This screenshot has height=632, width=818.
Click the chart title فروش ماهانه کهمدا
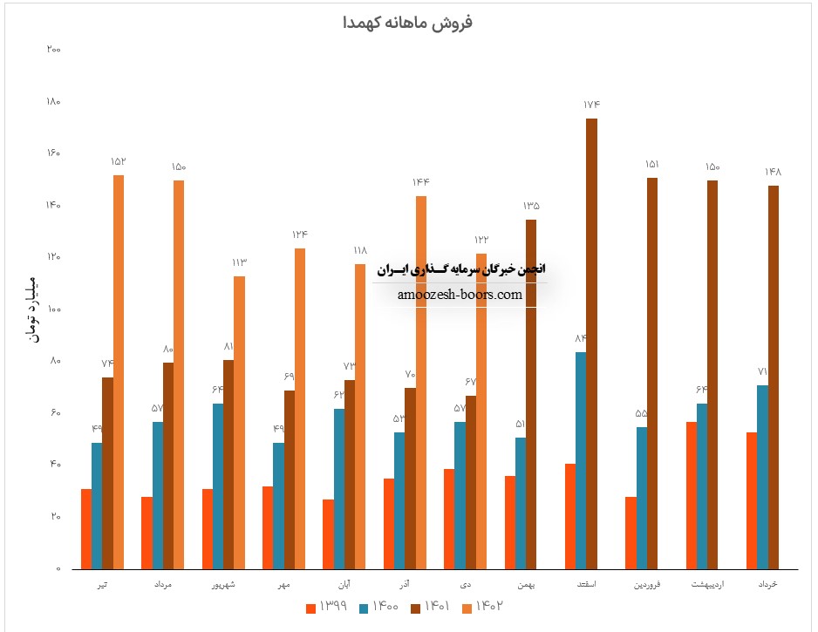pyautogui.click(x=409, y=23)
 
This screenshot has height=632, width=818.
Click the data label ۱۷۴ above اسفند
pyautogui.click(x=592, y=105)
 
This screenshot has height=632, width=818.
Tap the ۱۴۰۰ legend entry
pyautogui.click(x=382, y=608)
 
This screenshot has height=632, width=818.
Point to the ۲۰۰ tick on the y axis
pyautogui.click(x=53, y=50)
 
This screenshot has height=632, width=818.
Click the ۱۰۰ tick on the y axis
pyautogui.click(x=53, y=309)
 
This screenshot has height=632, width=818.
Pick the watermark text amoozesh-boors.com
pyautogui.click(x=460, y=295)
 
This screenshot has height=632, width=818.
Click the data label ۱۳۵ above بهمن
pyautogui.click(x=531, y=207)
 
